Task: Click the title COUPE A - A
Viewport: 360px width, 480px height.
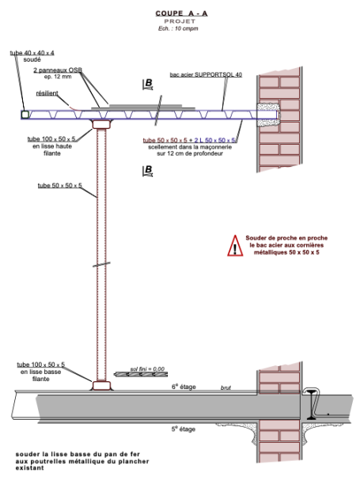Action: [181, 13]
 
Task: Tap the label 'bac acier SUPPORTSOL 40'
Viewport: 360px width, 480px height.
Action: [206, 74]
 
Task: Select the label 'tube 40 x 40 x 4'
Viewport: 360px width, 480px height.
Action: [32, 53]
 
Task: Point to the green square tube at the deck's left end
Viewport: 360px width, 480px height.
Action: [25, 115]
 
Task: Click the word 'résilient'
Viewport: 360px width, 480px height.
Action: [47, 93]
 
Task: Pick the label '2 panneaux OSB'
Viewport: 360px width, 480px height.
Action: [58, 70]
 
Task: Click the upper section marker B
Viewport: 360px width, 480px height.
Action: [148, 84]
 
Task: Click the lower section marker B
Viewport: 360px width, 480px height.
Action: [148, 171]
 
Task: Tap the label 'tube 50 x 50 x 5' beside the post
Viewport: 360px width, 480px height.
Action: [60, 186]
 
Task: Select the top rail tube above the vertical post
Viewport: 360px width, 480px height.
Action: [101, 125]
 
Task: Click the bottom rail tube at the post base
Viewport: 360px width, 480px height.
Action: [101, 385]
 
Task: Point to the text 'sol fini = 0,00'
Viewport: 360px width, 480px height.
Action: [147, 369]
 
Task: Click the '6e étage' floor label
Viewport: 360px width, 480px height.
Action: [184, 387]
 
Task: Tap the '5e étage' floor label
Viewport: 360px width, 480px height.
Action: [184, 429]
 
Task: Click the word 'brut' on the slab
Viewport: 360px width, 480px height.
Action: [225, 387]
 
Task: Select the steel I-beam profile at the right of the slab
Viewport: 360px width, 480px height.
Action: [312, 405]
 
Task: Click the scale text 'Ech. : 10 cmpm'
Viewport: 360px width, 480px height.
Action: [178, 28]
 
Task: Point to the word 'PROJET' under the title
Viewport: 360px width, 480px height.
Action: [180, 21]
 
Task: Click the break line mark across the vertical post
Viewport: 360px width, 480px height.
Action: [101, 264]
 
